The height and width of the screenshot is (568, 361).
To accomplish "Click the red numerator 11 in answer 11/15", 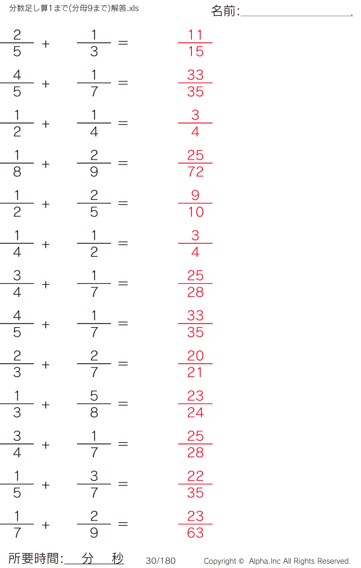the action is pyautogui.click(x=196, y=35).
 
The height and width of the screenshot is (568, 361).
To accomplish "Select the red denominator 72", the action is pyautogui.click(x=196, y=172).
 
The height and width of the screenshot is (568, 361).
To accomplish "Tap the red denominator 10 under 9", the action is pyautogui.click(x=196, y=212).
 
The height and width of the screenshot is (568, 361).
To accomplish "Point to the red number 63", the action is pyautogui.click(x=196, y=533).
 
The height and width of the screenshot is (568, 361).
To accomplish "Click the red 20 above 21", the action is pyautogui.click(x=196, y=356).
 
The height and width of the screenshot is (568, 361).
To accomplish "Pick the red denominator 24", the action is pyautogui.click(x=196, y=413).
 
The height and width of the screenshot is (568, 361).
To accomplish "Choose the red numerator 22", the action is pyautogui.click(x=196, y=476).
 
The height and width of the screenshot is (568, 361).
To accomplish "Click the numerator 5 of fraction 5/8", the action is pyautogui.click(x=94, y=396).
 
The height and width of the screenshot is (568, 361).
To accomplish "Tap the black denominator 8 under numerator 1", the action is pyautogui.click(x=17, y=172).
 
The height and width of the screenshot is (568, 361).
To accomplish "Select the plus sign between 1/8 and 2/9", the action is pyautogui.click(x=46, y=164).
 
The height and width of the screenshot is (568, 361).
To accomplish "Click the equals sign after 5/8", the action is pyautogui.click(x=123, y=403).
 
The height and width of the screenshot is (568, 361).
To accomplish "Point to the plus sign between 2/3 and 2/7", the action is pyautogui.click(x=46, y=364).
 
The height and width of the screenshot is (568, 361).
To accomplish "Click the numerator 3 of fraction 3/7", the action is pyautogui.click(x=94, y=476).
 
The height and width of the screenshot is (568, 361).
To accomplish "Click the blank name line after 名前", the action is pyautogui.click(x=297, y=16).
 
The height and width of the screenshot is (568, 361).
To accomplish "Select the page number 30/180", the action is pyautogui.click(x=161, y=561).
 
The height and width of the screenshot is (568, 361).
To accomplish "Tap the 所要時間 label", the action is pyautogui.click(x=34, y=558).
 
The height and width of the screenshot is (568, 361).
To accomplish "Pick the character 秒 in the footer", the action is pyautogui.click(x=117, y=558).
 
